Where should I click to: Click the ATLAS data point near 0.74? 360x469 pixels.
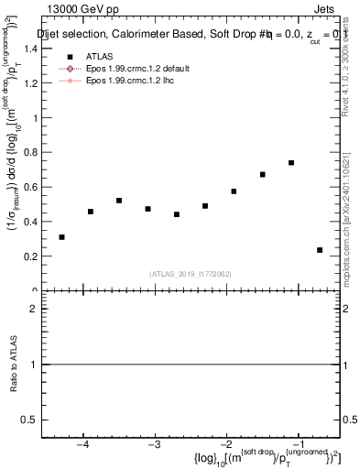click(291, 163)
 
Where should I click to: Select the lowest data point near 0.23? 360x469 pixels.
click(320, 250)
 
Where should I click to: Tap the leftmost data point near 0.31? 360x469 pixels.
click(61, 237)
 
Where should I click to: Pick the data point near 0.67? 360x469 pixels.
click(263, 174)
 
